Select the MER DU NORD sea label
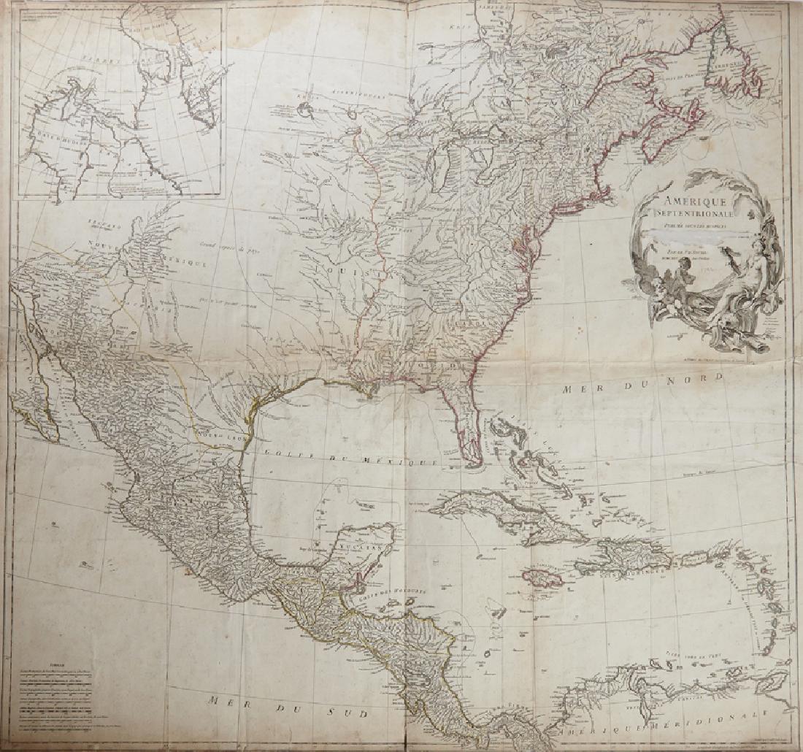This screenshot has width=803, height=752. pyautogui.click(x=642, y=383)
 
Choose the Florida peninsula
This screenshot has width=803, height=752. pyautogui.click(x=467, y=431)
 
